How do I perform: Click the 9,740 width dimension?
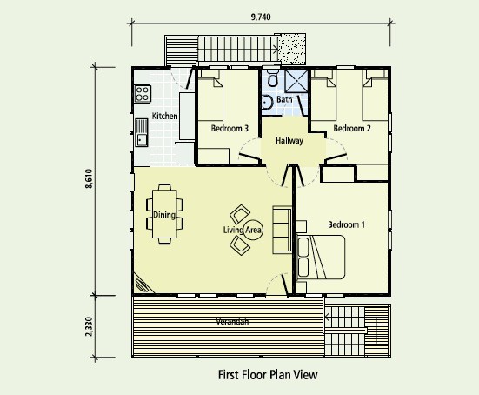tap(261, 17)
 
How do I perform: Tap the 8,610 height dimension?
tap(90, 178)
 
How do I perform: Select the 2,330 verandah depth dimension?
tap(89, 326)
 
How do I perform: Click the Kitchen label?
tap(164, 117)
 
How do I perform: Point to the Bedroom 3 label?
tap(230, 128)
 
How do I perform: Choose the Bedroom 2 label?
tap(352, 128)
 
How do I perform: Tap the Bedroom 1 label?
tap(346, 224)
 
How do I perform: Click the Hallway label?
tap(289, 141)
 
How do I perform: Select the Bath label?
tap(284, 99)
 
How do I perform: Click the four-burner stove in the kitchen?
tap(143, 94)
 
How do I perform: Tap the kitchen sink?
tap(142, 133)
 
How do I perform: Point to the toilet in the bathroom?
tap(272, 77)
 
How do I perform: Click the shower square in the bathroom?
tap(296, 81)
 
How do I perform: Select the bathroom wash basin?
tap(267, 102)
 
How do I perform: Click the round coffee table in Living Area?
tap(253, 230)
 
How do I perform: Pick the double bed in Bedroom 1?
tap(321, 257)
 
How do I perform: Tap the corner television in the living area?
tap(142, 285)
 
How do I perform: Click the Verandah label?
tap(232, 322)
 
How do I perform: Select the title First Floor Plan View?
tap(268, 375)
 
